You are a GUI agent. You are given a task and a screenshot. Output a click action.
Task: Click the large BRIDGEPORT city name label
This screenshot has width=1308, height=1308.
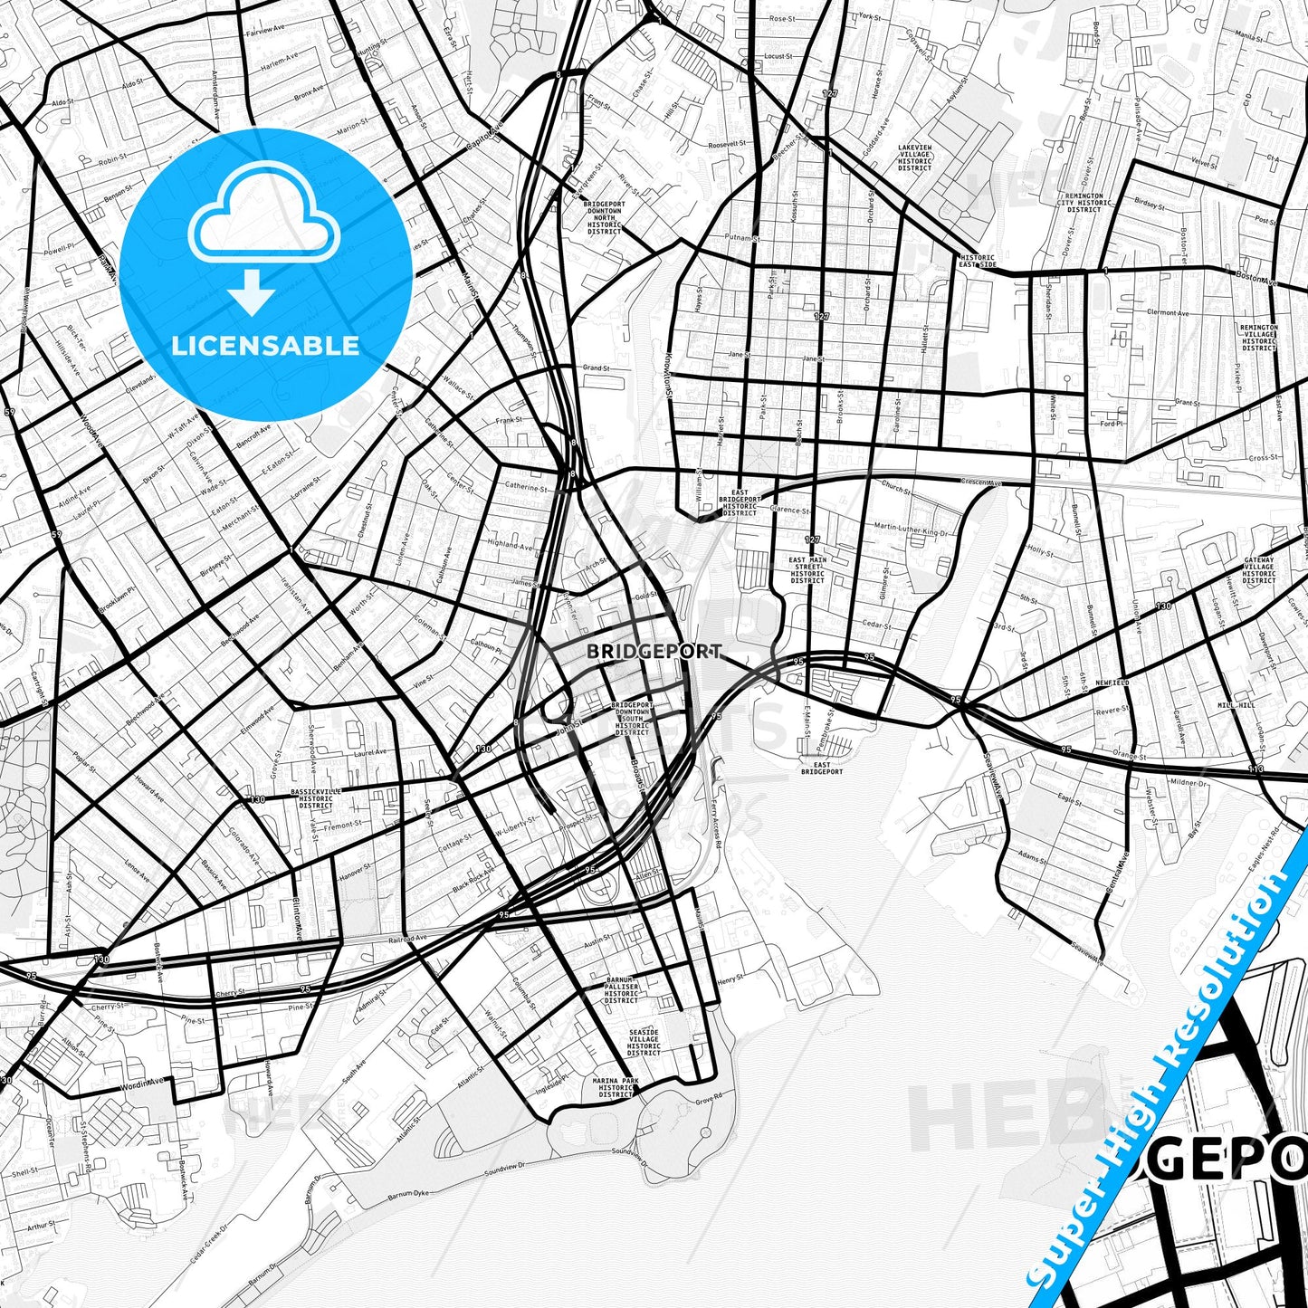tap(654, 651)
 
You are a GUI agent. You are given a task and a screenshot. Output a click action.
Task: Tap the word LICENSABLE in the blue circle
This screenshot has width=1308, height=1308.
tap(265, 345)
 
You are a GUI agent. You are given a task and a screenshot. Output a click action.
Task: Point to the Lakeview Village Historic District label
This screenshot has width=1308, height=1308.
tap(914, 158)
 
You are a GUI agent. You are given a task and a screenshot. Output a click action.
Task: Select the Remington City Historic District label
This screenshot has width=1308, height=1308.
tap(1084, 202)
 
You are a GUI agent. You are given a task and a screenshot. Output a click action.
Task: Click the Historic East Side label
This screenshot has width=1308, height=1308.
tap(978, 261)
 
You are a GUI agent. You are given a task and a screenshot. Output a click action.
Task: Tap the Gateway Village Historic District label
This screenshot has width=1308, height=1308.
tap(1258, 570)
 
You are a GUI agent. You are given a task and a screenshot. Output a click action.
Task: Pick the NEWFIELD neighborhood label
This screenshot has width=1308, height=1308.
tap(1113, 683)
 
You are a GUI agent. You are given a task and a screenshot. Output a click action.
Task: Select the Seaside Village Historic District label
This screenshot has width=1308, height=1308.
tap(644, 1042)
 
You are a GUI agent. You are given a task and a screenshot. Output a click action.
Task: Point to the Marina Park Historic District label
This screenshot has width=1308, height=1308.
tap(616, 1087)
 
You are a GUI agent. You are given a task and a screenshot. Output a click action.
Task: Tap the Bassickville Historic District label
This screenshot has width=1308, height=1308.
tap(316, 798)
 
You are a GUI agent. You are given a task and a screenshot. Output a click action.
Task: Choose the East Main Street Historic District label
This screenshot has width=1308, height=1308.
tap(807, 570)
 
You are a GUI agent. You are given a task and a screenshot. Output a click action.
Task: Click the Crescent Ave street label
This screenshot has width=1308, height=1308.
tap(981, 482)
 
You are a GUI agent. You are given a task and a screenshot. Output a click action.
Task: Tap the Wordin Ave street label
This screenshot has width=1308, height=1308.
tap(143, 1083)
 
